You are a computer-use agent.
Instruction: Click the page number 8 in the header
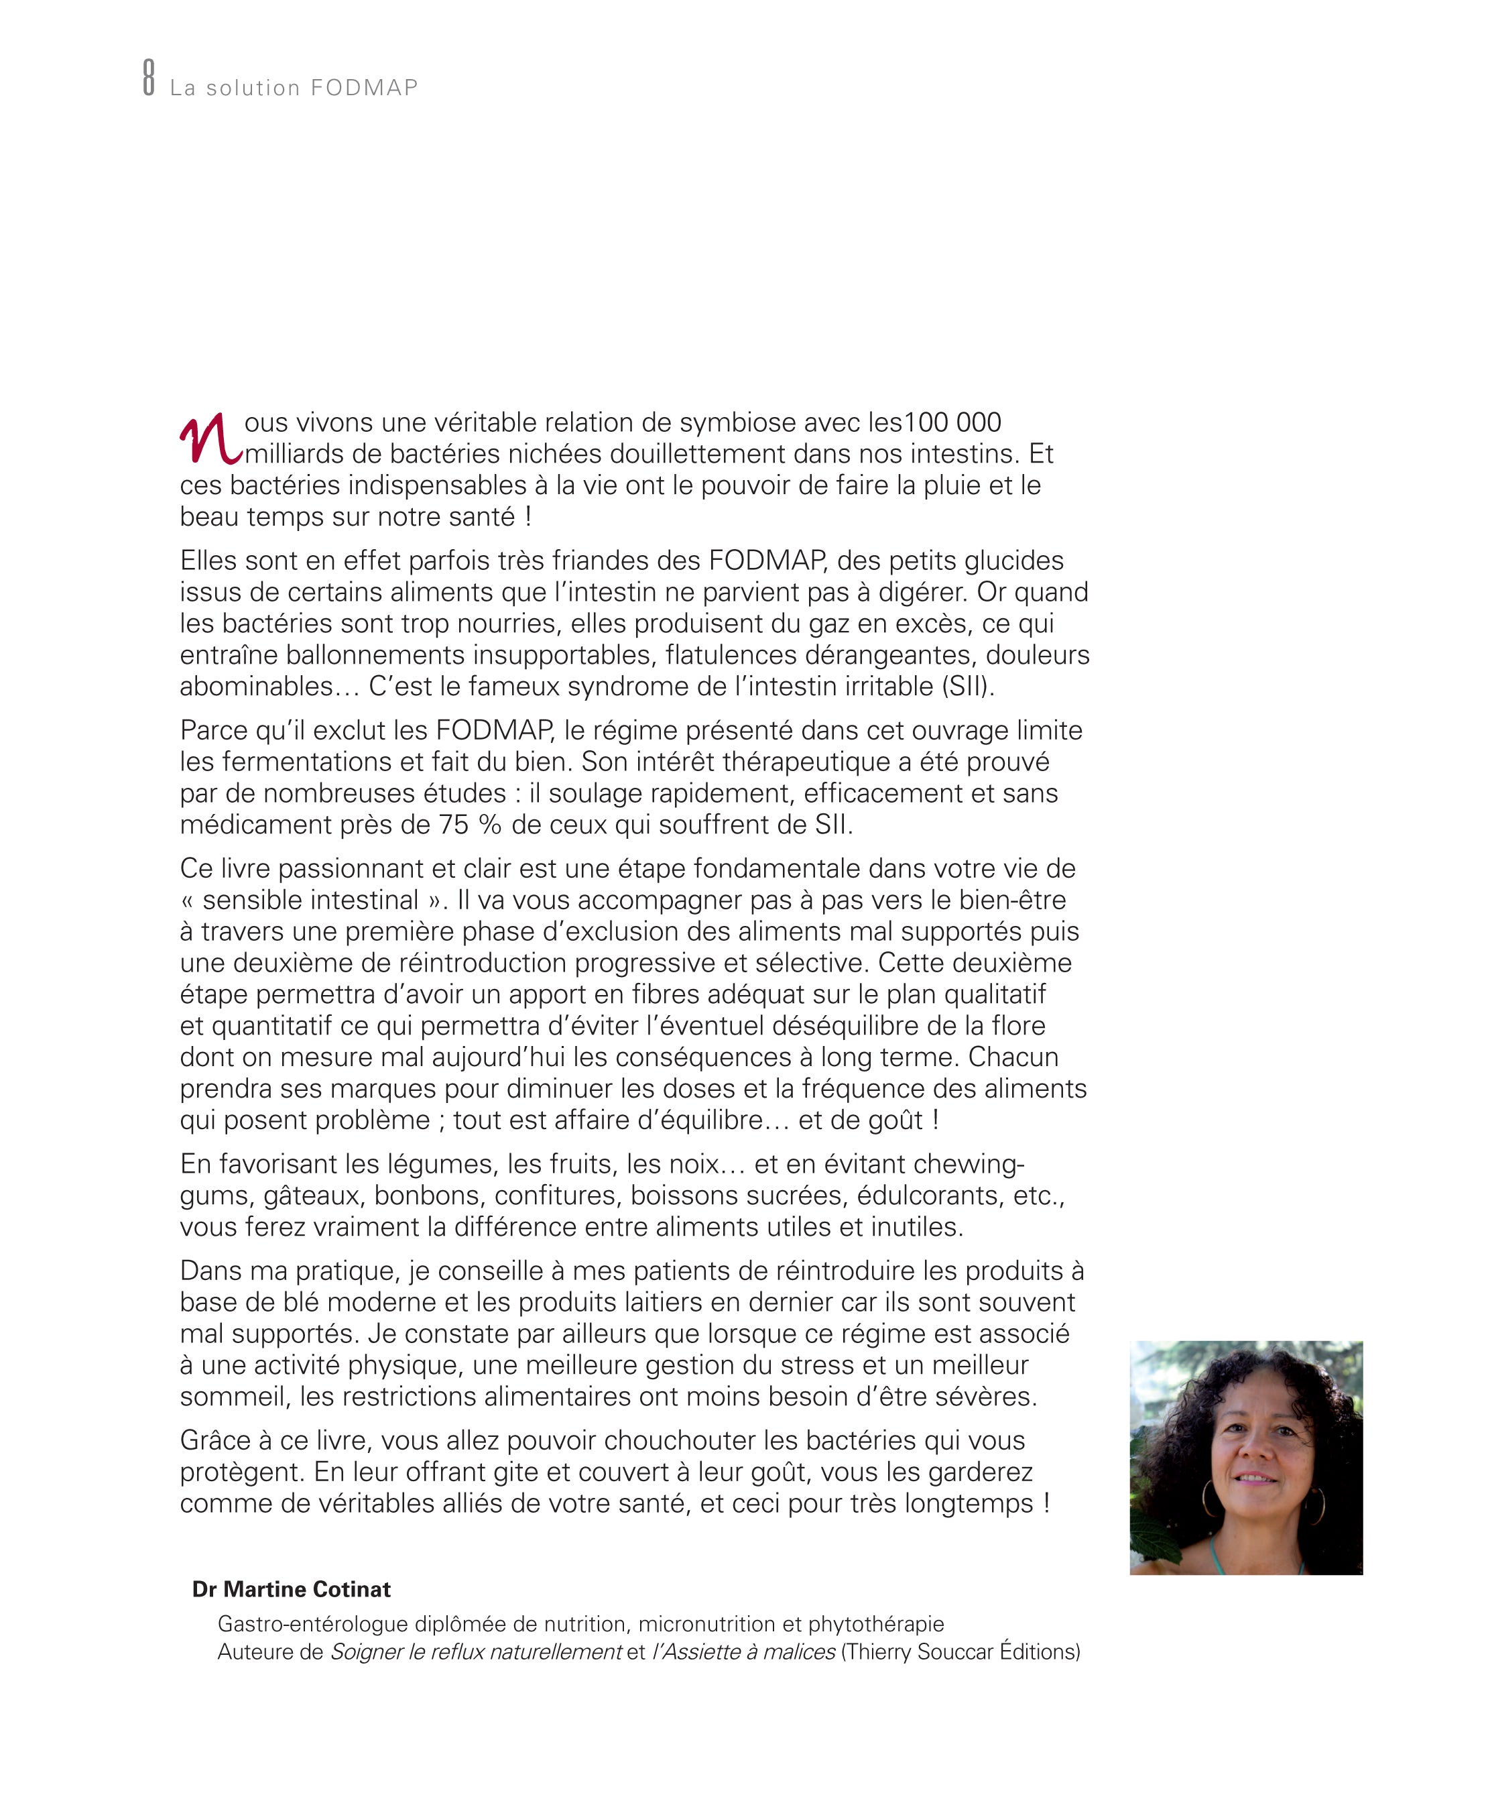pyautogui.click(x=149, y=77)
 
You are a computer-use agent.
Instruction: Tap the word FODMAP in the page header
pyautogui.click(x=364, y=89)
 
